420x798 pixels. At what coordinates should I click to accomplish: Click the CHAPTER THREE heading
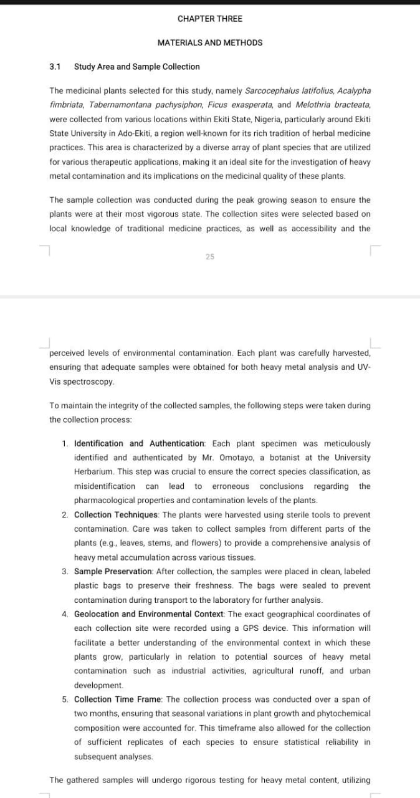click(209, 19)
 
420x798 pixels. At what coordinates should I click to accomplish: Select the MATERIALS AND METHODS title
click(209, 43)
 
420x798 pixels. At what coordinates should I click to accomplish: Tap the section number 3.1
click(55, 67)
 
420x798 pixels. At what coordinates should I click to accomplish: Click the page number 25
click(209, 256)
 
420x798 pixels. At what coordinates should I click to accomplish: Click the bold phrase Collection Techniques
click(117, 515)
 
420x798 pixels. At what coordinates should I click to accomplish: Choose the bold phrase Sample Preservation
click(113, 572)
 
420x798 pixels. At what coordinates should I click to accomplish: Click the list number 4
click(65, 614)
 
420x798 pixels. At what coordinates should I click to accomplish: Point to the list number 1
click(65, 444)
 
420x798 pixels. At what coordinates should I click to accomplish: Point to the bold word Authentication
click(178, 444)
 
